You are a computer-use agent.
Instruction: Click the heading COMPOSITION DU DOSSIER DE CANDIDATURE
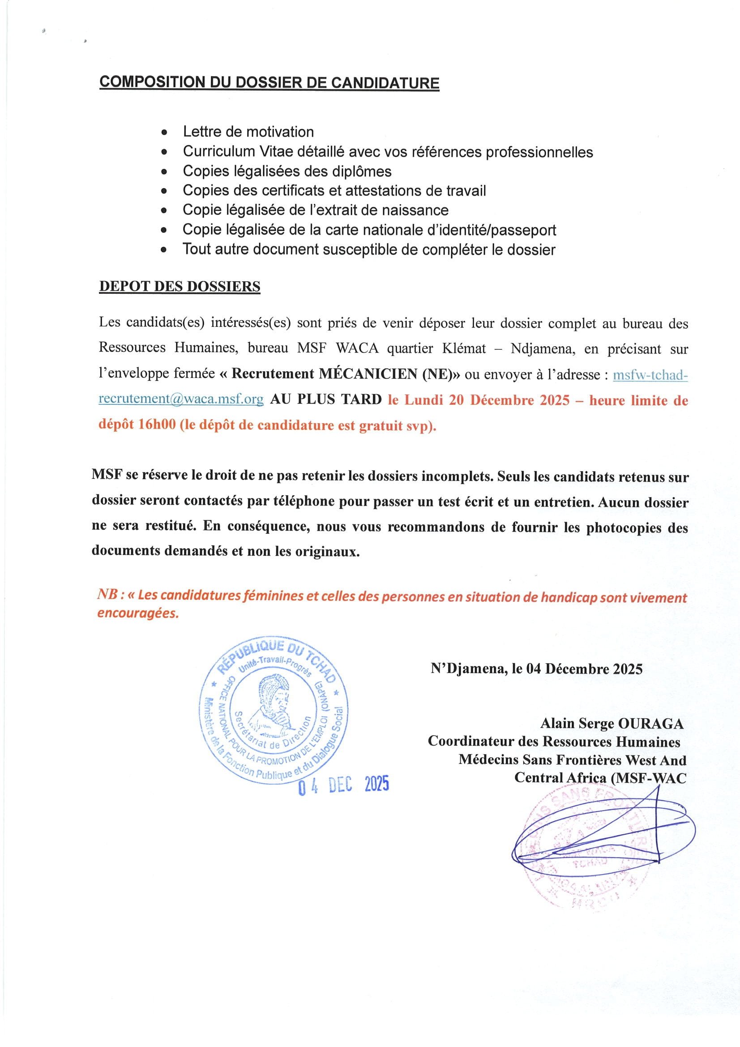tap(269, 82)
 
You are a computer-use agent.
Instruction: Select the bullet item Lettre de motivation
tap(248, 132)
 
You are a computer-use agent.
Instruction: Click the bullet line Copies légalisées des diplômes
tap(287, 171)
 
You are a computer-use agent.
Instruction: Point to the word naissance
tap(415, 210)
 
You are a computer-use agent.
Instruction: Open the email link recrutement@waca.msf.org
tap(181, 399)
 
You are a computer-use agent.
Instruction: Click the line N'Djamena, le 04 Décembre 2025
tap(536, 669)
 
